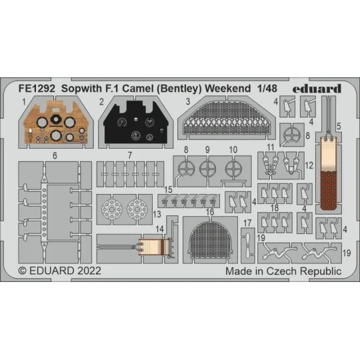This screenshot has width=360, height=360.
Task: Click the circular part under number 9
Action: pyautogui.click(x=208, y=169)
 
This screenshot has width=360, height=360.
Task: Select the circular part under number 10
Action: pyautogui.click(x=234, y=169)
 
